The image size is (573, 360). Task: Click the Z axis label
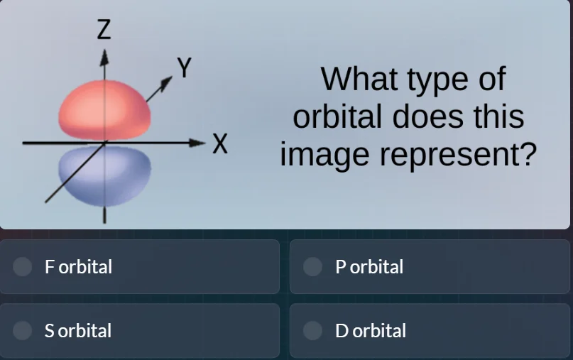[x=104, y=30]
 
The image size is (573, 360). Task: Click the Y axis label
[x=185, y=68]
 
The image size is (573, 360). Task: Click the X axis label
[x=221, y=144]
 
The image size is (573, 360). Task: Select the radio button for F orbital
[x=23, y=266]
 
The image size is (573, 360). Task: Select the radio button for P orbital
[x=312, y=266]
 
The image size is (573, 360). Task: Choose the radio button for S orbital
[x=23, y=330]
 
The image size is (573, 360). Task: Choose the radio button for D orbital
[x=312, y=330]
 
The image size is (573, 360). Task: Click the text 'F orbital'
[x=78, y=267]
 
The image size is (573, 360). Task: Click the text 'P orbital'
[x=369, y=267]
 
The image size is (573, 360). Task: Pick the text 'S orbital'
[x=78, y=331]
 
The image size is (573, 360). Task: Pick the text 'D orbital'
[x=371, y=331]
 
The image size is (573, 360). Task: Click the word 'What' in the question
[x=359, y=79]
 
